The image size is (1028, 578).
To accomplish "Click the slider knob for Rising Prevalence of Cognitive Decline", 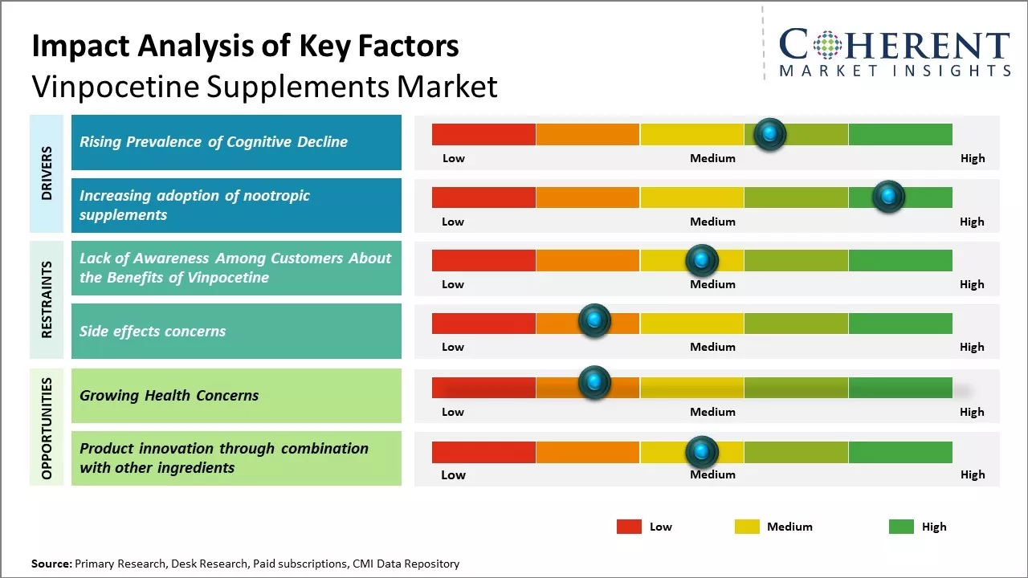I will click(770, 134).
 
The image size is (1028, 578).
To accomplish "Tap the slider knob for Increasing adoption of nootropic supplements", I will click(888, 197).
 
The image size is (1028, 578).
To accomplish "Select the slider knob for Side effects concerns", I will click(594, 320).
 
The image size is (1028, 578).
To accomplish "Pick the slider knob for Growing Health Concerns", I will click(594, 383).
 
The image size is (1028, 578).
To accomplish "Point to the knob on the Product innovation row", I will click(702, 453).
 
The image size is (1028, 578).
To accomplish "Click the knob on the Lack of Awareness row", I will click(702, 260).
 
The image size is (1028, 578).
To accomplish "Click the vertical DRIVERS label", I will click(47, 173).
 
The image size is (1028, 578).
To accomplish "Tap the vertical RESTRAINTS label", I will click(47, 299).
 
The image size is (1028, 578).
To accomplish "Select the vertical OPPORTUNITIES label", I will click(47, 428).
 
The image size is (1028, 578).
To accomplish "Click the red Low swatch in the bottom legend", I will click(629, 527).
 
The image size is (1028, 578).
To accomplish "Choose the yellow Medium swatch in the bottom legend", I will click(747, 527).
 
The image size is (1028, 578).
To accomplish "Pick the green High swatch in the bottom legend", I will click(901, 527).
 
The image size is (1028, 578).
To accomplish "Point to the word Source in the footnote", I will click(51, 564).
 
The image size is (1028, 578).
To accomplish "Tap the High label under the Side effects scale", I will click(972, 347).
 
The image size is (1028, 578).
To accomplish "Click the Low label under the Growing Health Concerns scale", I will click(453, 412).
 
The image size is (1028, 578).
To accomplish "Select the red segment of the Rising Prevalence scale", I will click(483, 134).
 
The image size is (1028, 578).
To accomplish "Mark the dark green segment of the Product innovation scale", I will click(899, 453).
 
